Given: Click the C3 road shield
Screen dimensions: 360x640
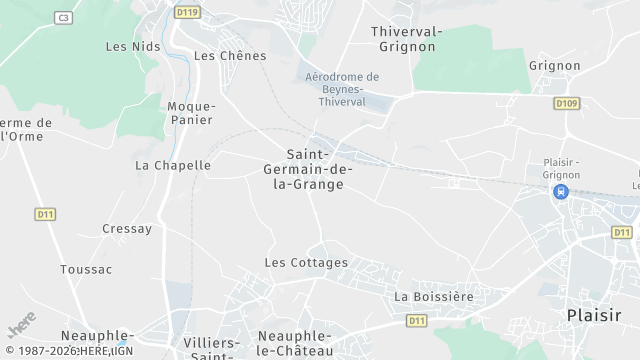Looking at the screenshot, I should coord(64,17).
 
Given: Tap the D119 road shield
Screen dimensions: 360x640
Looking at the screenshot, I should coord(186,12).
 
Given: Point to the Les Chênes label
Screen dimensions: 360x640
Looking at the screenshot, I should coord(223,55).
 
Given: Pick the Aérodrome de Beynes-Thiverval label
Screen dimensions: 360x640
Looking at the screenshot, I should coord(342,89).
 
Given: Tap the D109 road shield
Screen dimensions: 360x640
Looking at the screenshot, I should coord(567,103).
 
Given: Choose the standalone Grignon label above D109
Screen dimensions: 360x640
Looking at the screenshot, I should coord(555,65).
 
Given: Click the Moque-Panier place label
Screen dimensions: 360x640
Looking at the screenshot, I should coord(191,113).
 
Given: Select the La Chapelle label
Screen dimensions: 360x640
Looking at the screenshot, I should coord(173,165).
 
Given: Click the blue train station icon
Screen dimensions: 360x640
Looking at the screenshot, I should coord(561,191).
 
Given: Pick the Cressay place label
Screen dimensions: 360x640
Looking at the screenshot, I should coord(127,228).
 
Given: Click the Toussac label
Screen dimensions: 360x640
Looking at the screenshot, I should coord(86,269).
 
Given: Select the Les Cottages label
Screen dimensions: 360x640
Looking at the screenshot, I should coord(306,262).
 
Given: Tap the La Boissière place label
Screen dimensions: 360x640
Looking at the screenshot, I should coord(434,296).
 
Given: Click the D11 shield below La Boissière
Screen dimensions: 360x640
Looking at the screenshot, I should coord(417,320).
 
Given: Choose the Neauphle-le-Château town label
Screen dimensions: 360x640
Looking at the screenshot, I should coord(296,343).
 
